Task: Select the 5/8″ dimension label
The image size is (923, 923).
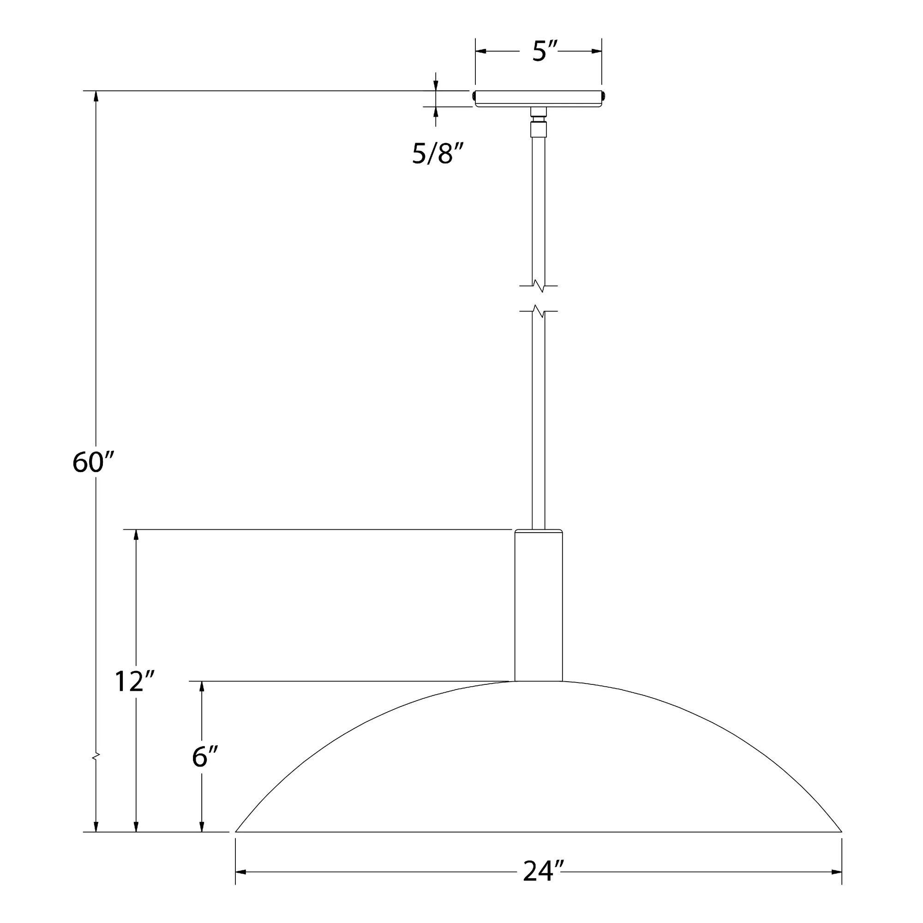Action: pos(438,154)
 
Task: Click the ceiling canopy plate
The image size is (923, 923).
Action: pos(539,98)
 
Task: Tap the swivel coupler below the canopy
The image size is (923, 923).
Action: pos(539,122)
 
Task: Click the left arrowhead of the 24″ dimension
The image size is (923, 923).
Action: pos(241,872)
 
